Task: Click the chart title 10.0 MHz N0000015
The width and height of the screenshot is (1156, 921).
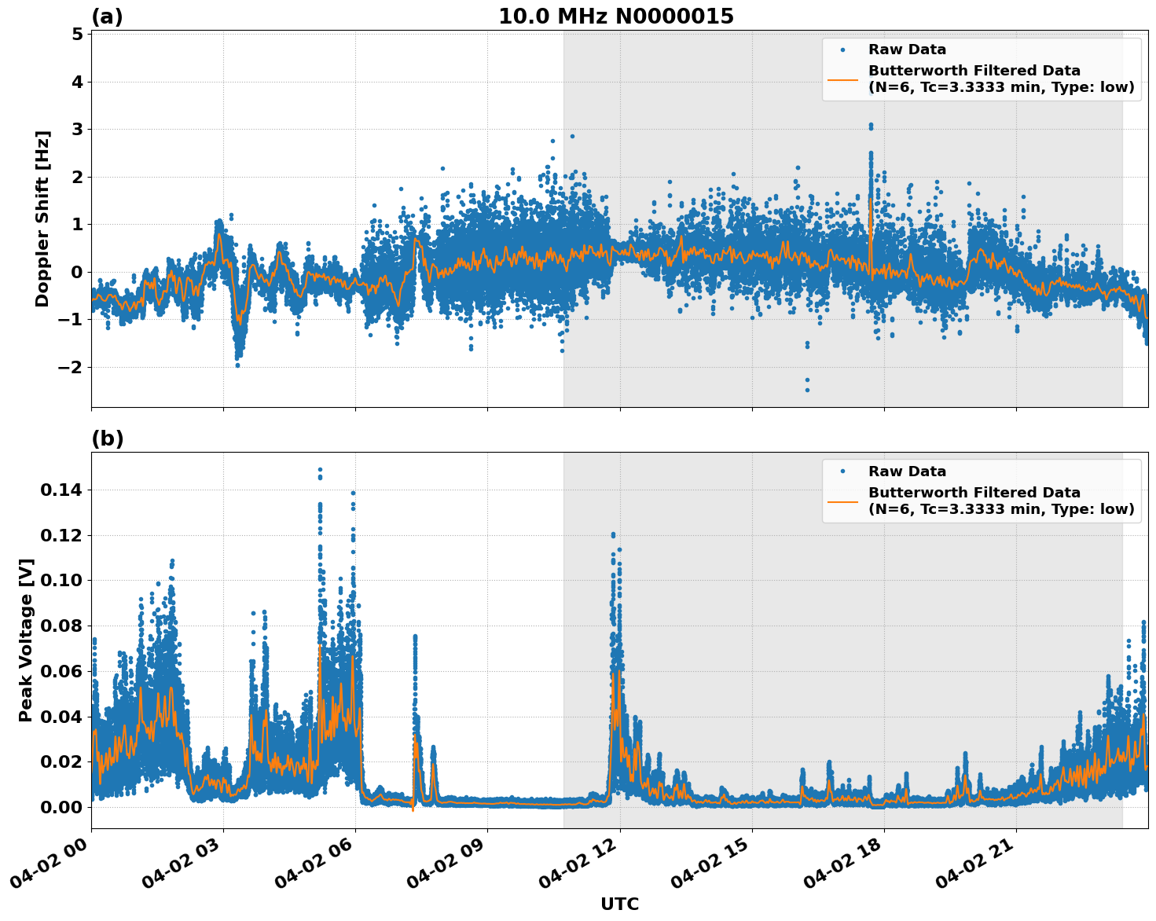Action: [x=615, y=17]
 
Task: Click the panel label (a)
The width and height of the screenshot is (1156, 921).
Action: [x=107, y=17]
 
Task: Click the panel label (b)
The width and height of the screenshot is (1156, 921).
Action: [x=107, y=438]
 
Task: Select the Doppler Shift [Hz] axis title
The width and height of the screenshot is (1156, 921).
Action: [x=42, y=218]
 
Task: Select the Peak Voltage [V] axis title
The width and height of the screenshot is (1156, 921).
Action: [x=26, y=657]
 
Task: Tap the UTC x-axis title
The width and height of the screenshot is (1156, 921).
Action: [x=619, y=904]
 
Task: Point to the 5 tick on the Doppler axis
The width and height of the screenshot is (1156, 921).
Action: [x=77, y=35]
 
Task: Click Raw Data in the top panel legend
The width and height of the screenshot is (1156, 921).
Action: [x=907, y=50]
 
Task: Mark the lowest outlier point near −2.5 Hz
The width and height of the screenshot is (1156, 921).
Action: [x=807, y=390]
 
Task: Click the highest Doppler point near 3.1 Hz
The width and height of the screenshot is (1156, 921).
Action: [x=871, y=125]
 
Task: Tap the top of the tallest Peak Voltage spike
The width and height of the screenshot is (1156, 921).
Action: [x=320, y=470]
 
